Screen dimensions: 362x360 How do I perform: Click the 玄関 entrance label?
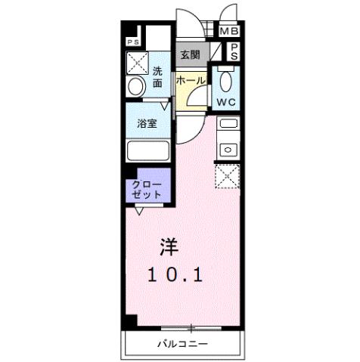(189, 54)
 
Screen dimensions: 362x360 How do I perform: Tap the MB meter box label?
(228, 31)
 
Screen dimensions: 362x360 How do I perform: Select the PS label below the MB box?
(234, 51)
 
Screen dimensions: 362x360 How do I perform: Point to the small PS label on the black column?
(132, 42)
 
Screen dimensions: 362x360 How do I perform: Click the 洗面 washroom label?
(158, 77)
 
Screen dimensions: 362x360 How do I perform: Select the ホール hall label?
(188, 79)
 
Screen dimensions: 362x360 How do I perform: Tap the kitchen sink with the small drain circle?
(228, 149)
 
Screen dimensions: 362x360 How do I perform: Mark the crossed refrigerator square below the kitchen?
(228, 176)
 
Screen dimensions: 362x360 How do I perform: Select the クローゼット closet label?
(147, 189)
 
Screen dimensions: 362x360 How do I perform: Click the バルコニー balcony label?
(182, 345)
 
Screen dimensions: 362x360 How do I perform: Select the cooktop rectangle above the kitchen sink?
(228, 122)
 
